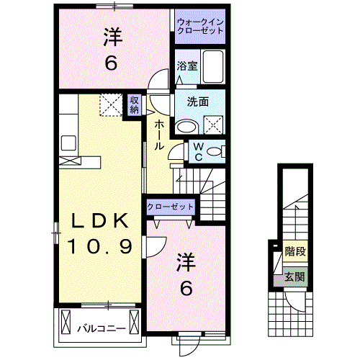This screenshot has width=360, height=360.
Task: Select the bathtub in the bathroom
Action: (x=214, y=67)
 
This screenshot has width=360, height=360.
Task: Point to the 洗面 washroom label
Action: (x=199, y=102)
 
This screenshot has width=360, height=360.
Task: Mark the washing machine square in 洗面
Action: (x=214, y=125)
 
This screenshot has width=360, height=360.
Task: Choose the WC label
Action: (x=198, y=152)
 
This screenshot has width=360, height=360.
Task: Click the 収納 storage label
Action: (x=135, y=105)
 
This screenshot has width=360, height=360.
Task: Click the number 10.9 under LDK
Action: (x=100, y=248)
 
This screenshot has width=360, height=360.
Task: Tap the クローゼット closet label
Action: (x=171, y=207)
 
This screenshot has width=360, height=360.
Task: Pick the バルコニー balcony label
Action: (x=102, y=329)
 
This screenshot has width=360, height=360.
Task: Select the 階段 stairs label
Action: (x=294, y=252)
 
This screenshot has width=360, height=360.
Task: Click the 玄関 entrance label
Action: (x=294, y=276)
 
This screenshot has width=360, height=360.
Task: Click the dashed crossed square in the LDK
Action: (x=112, y=106)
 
